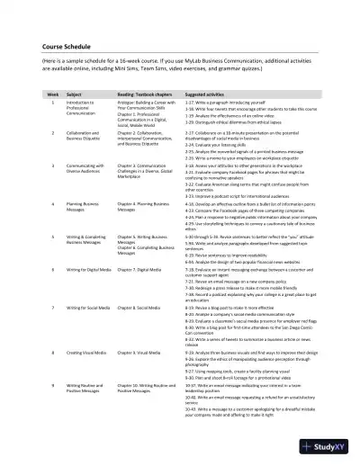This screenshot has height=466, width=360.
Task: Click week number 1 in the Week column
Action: [52, 103]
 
